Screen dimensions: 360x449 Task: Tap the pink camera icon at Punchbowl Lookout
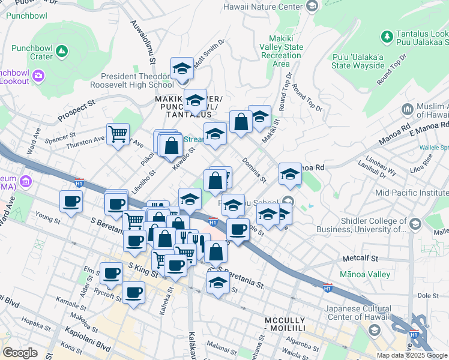click(x=38, y=76)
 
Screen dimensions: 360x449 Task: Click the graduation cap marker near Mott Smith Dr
click(x=182, y=69)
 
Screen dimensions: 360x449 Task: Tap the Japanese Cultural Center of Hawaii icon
click(x=374, y=330)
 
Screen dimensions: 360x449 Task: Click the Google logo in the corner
click(x=20, y=353)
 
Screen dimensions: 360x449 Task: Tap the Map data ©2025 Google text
click(x=412, y=355)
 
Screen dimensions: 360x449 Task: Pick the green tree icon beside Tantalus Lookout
click(x=387, y=37)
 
